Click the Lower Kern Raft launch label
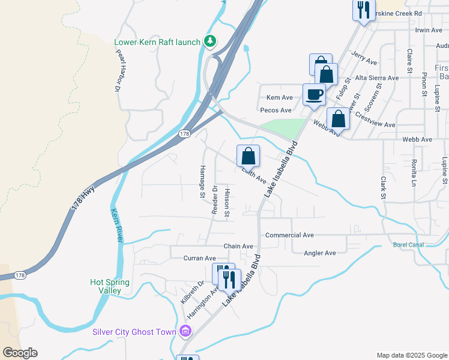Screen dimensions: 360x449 pyautogui.click(x=157, y=42)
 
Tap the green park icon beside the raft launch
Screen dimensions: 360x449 pyautogui.click(x=209, y=41)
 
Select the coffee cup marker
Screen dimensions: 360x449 pyautogui.click(x=314, y=95)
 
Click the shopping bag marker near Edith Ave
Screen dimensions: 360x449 pyautogui.click(x=248, y=157)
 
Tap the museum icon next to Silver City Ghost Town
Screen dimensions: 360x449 pyautogui.click(x=185, y=331)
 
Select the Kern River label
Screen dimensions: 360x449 pyautogui.click(x=117, y=226)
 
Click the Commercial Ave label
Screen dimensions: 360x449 pyautogui.click(x=289, y=235)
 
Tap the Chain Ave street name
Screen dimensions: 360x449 pyautogui.click(x=238, y=246)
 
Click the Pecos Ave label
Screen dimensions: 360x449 pyautogui.click(x=276, y=110)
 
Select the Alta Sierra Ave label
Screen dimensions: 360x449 pyautogui.click(x=376, y=78)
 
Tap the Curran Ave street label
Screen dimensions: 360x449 pyautogui.click(x=199, y=258)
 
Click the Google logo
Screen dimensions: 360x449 pyautogui.click(x=20, y=353)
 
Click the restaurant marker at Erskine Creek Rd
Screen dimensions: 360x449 pyautogui.click(x=363, y=10)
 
